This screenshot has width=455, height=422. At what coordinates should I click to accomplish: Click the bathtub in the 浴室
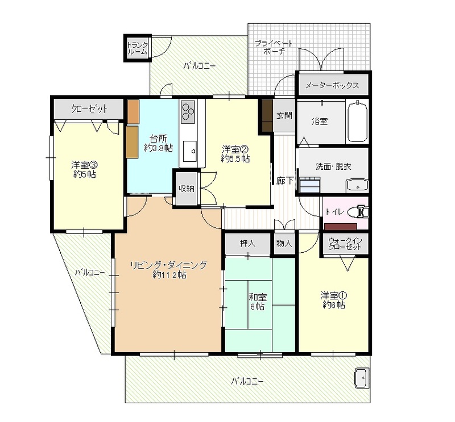[x=358, y=121]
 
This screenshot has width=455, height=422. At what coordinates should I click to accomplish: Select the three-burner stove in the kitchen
[x=188, y=111]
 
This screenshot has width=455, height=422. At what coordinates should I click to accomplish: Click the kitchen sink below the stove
[x=190, y=151]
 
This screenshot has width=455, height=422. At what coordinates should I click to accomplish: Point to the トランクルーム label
[x=138, y=48]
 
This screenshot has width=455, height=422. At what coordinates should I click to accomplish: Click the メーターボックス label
[x=332, y=85]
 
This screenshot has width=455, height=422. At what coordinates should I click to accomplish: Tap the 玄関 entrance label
[x=284, y=115]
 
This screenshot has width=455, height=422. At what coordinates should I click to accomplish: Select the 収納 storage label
[x=187, y=189]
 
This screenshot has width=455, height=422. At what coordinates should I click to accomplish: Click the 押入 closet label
[x=247, y=243]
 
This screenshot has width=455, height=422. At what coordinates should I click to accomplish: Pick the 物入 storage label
[x=284, y=243]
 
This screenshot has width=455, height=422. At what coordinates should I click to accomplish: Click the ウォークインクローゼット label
[x=345, y=244]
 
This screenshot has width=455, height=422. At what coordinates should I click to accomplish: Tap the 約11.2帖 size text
[x=169, y=275]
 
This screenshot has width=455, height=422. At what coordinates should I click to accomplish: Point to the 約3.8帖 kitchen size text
[x=159, y=148]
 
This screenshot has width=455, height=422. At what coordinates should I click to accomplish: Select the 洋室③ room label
[x=84, y=165]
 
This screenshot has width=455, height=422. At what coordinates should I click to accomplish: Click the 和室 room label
[x=258, y=297]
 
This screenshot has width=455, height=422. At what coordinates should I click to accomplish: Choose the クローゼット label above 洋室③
[x=89, y=109]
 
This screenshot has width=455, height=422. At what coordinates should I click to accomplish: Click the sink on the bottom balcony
[x=362, y=378]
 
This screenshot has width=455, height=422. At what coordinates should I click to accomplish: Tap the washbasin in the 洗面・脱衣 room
[x=357, y=185]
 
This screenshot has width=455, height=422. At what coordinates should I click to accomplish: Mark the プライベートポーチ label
[x=274, y=47]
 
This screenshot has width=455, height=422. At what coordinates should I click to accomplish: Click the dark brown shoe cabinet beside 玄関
[x=267, y=115]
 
